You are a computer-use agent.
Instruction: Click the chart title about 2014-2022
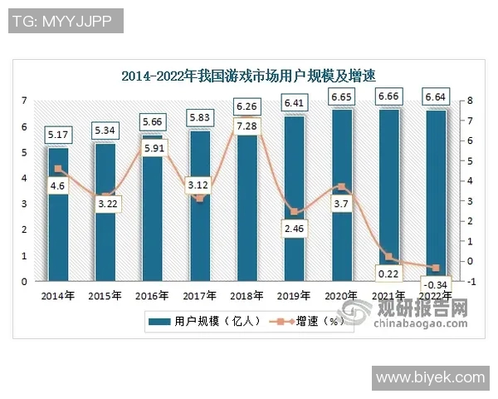(x=248, y=76)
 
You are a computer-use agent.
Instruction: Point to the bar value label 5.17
(x=58, y=133)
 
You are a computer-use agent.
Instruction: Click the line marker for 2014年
(x=58, y=169)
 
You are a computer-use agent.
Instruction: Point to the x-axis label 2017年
(x=200, y=295)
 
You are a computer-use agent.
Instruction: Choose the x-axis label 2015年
(x=105, y=295)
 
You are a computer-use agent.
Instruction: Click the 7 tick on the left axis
(x=25, y=101)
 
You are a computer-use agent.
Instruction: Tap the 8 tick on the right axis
(x=470, y=101)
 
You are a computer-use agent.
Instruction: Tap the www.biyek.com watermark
(x=430, y=378)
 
